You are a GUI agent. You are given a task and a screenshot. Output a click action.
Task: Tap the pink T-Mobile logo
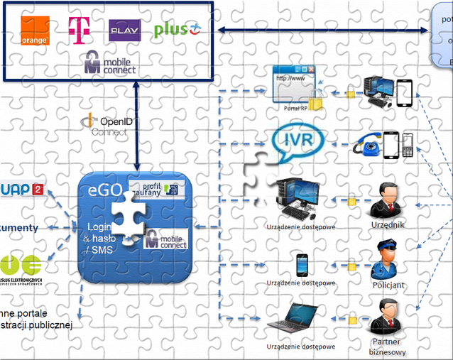[77, 28]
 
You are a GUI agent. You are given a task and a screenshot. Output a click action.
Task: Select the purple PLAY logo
[124, 31]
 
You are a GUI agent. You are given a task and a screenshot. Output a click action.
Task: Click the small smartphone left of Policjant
[301, 264]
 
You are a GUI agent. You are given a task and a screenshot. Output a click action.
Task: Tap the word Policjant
[388, 285]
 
